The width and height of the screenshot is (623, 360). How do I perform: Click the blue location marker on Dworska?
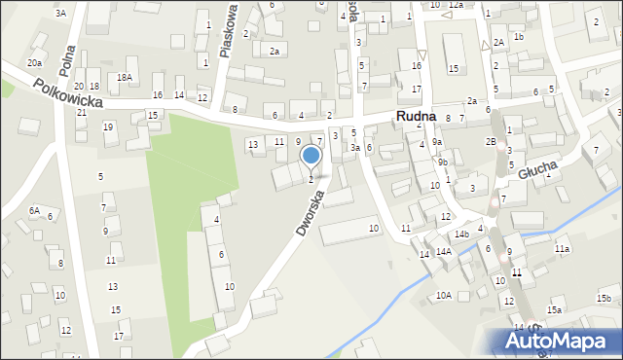(311, 155)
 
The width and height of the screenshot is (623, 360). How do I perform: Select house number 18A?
(124, 77)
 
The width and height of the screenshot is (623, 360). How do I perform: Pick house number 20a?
(35, 62)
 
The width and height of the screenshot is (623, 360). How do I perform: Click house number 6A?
(34, 210)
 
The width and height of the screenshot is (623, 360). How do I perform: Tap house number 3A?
(60, 13)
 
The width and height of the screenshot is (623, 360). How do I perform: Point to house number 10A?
(444, 295)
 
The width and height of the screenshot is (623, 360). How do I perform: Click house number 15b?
(604, 297)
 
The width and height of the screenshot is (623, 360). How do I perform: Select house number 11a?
(562, 249)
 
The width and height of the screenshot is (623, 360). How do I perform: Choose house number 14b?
(461, 234)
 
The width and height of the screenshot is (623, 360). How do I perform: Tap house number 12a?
(456, 5)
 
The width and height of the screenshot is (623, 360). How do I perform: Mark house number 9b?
(442, 162)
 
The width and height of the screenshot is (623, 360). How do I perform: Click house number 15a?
(554, 309)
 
